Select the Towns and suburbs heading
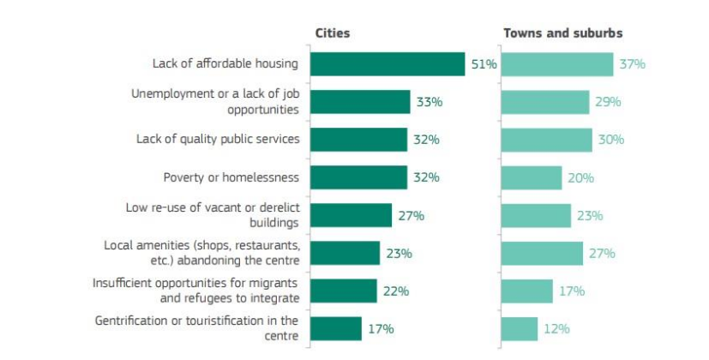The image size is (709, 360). pyautogui.click(x=562, y=33)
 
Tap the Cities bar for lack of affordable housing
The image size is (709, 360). pyautogui.click(x=387, y=64)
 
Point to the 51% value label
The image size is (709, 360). pyautogui.click(x=484, y=64)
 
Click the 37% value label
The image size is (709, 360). pyautogui.click(x=634, y=64)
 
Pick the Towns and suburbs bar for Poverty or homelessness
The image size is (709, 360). pyautogui.click(x=532, y=177)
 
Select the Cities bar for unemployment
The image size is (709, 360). pyautogui.click(x=360, y=102)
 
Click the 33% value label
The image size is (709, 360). pyautogui.click(x=429, y=102)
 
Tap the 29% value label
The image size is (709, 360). pyautogui.click(x=608, y=102)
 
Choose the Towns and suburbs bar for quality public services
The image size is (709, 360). pyautogui.click(x=546, y=140)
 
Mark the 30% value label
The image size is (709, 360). pyautogui.click(x=610, y=140)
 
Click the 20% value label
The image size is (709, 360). pyautogui.click(x=580, y=177)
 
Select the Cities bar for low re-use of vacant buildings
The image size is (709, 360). pyautogui.click(x=351, y=215)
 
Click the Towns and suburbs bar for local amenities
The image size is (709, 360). pyautogui.click(x=542, y=253)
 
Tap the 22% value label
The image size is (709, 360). pyautogui.click(x=395, y=291)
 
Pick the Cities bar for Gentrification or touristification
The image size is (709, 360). pyautogui.click(x=336, y=328)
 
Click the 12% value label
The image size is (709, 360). pyautogui.click(x=556, y=328)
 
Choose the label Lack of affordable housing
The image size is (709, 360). pyautogui.click(x=225, y=64)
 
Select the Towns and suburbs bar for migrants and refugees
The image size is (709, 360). pyautogui.click(x=527, y=291)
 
